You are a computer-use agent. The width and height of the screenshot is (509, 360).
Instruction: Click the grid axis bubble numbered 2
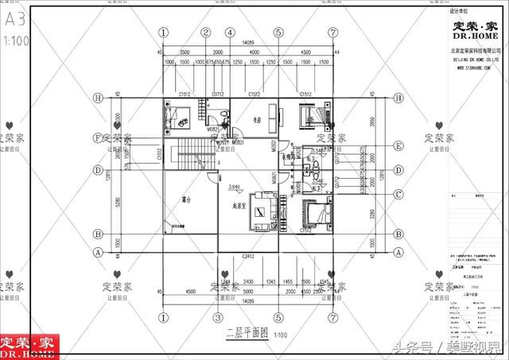click(x=205, y=33)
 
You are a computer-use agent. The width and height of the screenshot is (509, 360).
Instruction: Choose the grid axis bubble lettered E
click(x=398, y=146)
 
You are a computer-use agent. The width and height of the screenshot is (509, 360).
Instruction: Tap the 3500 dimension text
click(x=184, y=51)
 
